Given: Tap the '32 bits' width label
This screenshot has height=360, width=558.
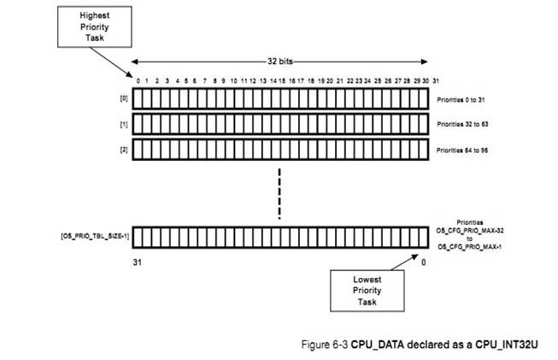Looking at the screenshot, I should [x=279, y=62].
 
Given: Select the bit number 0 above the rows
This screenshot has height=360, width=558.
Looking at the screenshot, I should [x=138, y=80].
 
